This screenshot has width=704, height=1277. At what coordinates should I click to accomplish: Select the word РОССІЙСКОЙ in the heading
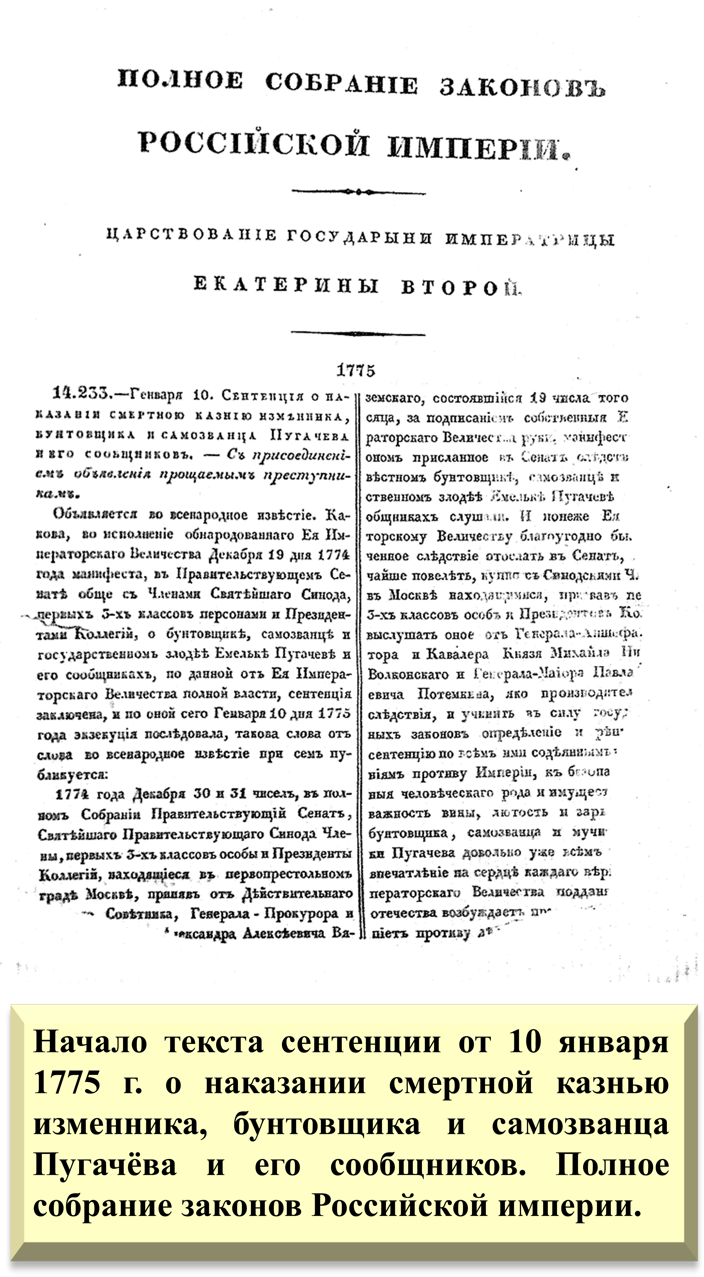[254, 144]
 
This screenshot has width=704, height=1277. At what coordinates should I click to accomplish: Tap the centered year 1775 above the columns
[356, 370]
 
